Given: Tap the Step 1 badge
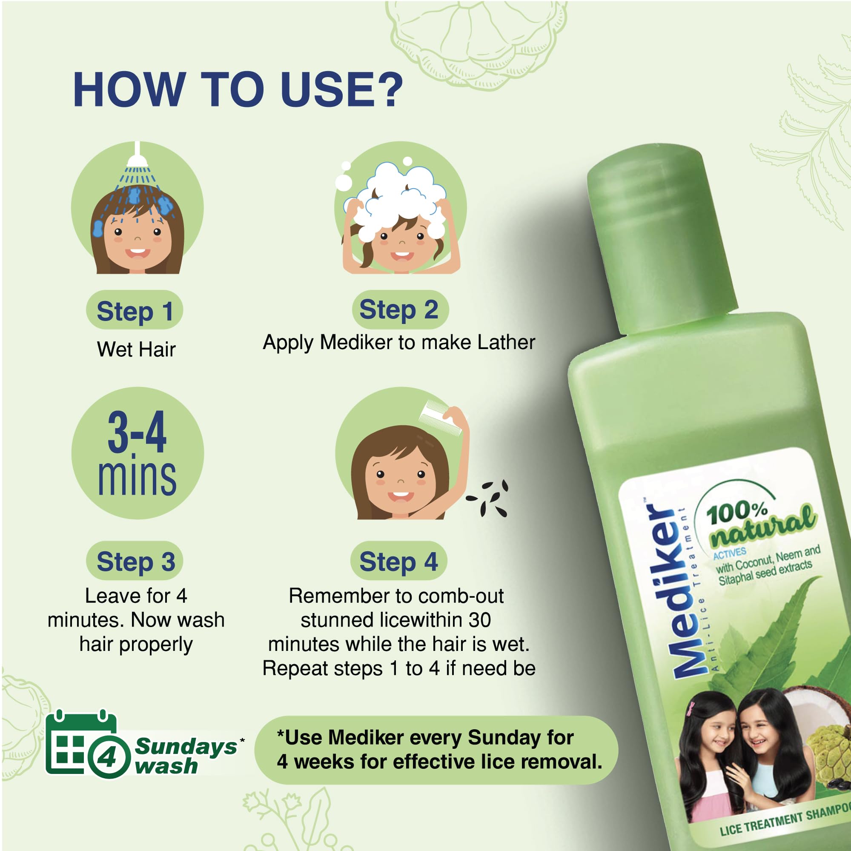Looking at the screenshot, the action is (x=135, y=309).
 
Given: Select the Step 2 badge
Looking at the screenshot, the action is (x=399, y=309).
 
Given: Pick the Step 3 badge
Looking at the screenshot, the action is (x=135, y=561).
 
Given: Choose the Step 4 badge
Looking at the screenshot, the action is (x=398, y=561).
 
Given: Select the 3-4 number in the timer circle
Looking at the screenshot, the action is (x=137, y=432).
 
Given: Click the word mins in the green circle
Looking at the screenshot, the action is (x=137, y=478).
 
